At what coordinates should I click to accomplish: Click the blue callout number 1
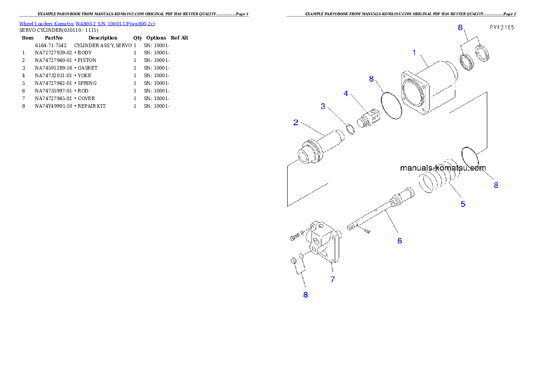pyautogui.click(x=414, y=53)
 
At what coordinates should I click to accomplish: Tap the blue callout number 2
pyautogui.click(x=296, y=122)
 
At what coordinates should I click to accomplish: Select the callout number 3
pyautogui.click(x=323, y=106)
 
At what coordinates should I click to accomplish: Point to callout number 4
pyautogui.click(x=346, y=93)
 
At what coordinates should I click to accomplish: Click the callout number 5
pyautogui.click(x=463, y=204)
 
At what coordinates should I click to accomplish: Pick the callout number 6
pyautogui.click(x=399, y=241)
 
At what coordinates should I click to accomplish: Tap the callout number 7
pyautogui.click(x=332, y=279)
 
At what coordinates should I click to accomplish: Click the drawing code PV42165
pyautogui.click(x=502, y=27)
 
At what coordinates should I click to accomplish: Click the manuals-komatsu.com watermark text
pyautogui.click(x=443, y=168)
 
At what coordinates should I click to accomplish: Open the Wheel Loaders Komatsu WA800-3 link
pyautogui.click(x=87, y=24)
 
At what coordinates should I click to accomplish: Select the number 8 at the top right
pyautogui.click(x=460, y=27)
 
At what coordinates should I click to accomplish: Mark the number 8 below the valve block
pyautogui.click(x=305, y=295)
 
